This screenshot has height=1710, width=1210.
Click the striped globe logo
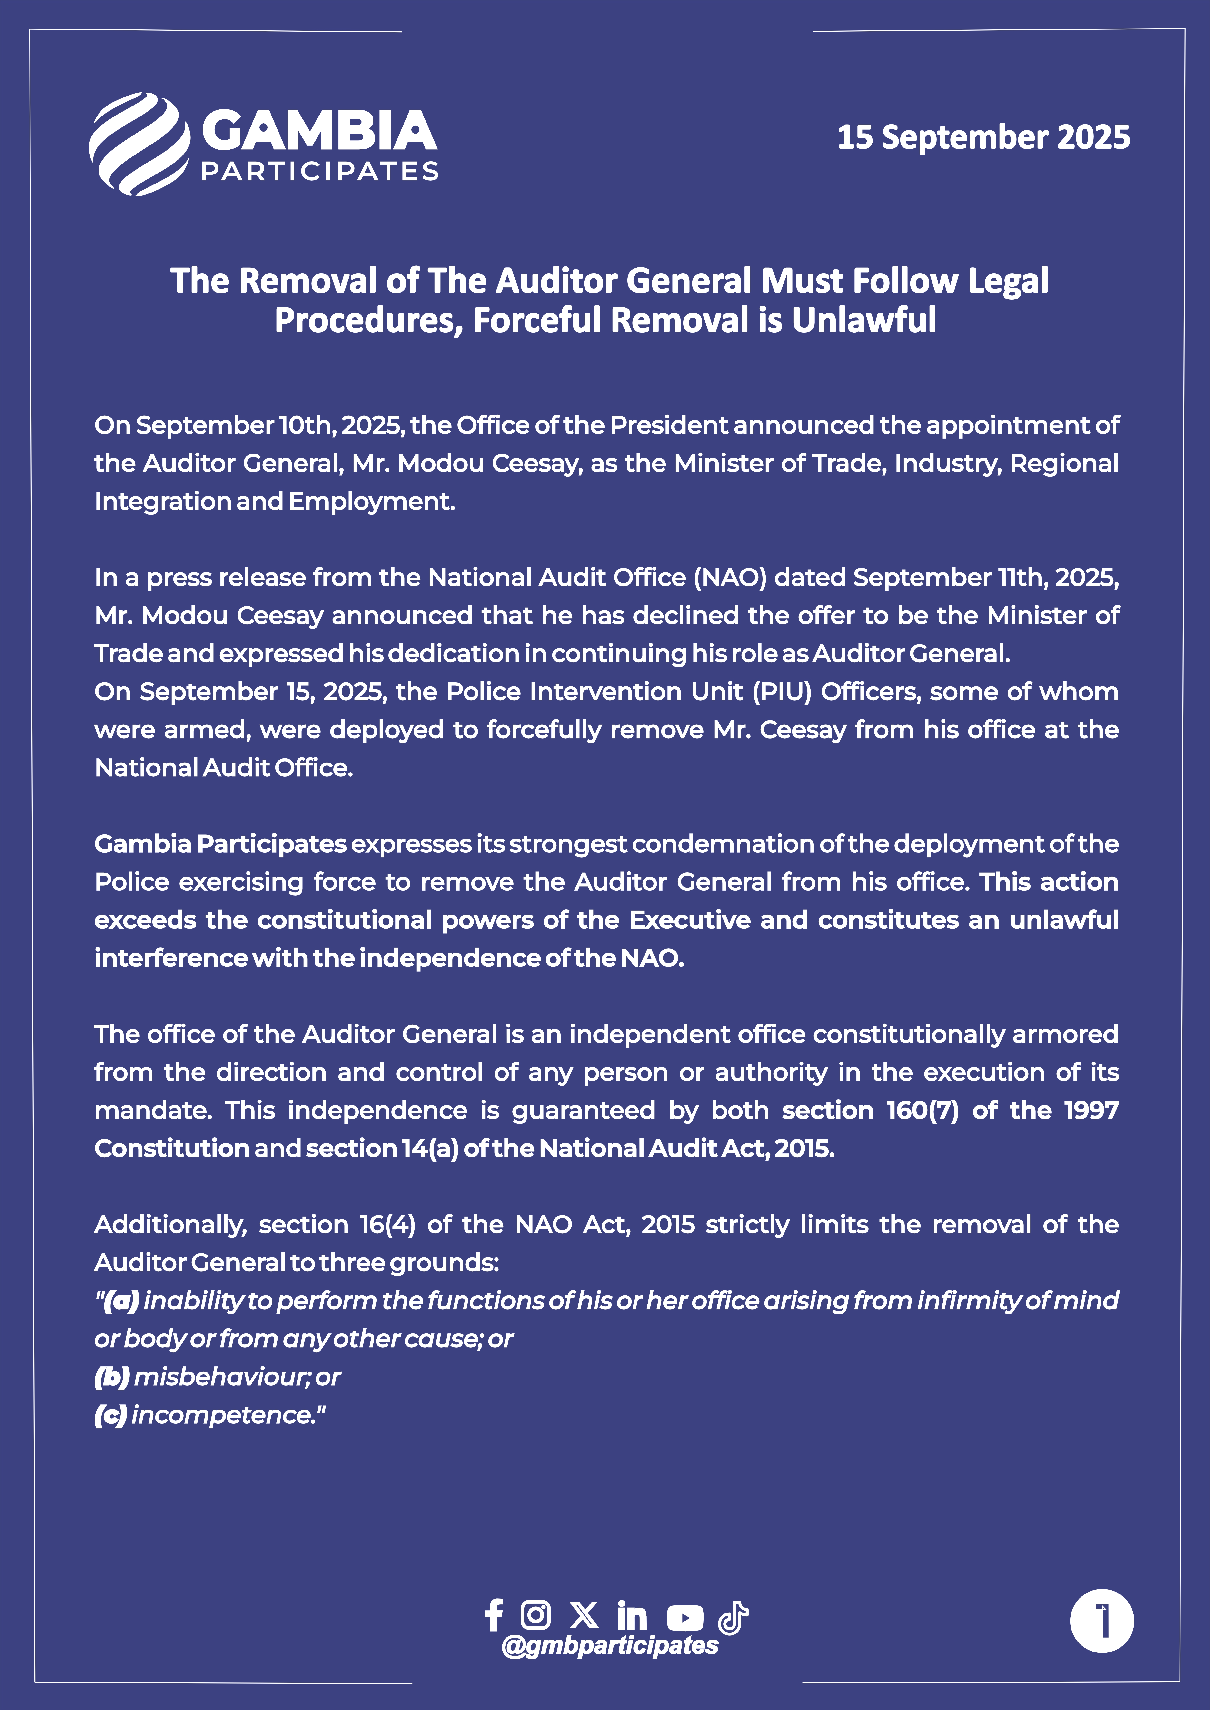[x=139, y=144]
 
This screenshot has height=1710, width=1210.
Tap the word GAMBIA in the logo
[x=319, y=130]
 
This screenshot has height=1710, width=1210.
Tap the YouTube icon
[x=685, y=1617]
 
